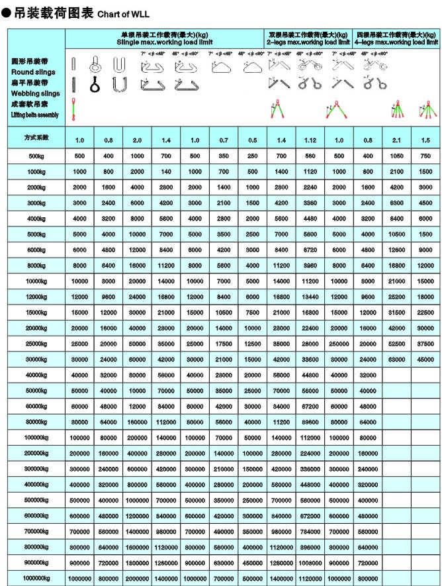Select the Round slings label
[33, 72]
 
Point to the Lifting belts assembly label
[35, 115]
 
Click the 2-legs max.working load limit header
[308, 42]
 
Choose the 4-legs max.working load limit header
[397, 42]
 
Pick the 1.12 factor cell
[310, 140]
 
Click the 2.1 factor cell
[397, 140]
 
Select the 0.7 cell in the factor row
[224, 140]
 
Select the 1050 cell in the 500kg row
[397, 156]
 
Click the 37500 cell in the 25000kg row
[425, 343]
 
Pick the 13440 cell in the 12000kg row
[310, 297]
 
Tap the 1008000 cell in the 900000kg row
[310, 562]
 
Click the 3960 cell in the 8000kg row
[310, 265]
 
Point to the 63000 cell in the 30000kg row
[397, 359]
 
